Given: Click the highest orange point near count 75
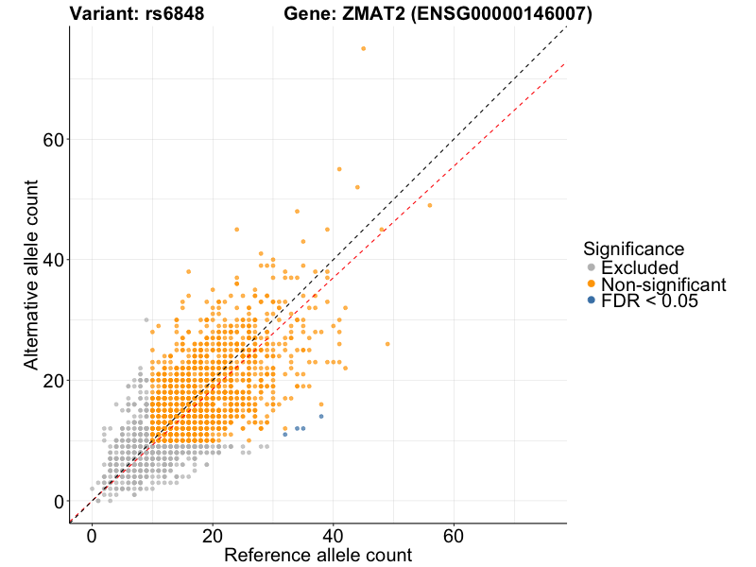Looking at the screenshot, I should tap(363, 48).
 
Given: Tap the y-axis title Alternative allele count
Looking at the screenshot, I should tap(31, 274).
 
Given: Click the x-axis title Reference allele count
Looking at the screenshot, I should tap(318, 555).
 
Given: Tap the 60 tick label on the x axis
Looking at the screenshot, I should tap(454, 534).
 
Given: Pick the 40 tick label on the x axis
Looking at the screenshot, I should tap(333, 534).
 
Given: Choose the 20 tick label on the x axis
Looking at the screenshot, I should tap(213, 534).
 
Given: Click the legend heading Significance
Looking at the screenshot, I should tap(633, 249).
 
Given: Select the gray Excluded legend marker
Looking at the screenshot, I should tap(592, 267).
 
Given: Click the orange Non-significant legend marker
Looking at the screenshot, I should tap(592, 284).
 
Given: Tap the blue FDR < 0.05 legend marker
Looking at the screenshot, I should tap(592, 301).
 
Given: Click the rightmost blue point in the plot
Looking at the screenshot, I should tap(321, 416).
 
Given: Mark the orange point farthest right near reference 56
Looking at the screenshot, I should tap(430, 205).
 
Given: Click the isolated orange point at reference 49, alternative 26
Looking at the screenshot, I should tap(387, 344).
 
